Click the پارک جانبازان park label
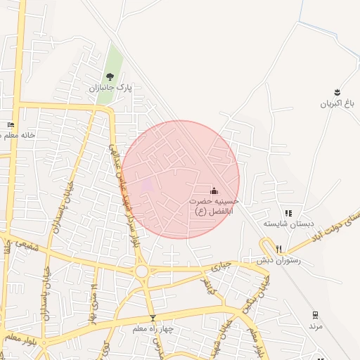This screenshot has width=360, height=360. pyautogui.click(x=110, y=88)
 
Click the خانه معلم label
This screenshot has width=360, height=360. pyautogui.click(x=19, y=134)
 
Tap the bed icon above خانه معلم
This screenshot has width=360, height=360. pyautogui.click(x=11, y=124)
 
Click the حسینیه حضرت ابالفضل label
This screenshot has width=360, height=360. pyautogui.click(x=214, y=205)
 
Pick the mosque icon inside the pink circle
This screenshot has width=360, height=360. pyautogui.click(x=214, y=191)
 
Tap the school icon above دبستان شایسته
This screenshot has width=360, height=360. pyautogui.click(x=288, y=213)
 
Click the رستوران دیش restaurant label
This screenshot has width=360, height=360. pyautogui.click(x=278, y=259)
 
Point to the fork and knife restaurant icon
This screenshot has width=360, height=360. pyautogui.click(x=278, y=248)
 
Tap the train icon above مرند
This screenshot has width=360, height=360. pyautogui.click(x=315, y=315)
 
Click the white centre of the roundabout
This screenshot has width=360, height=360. pyautogui.click(x=142, y=271)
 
